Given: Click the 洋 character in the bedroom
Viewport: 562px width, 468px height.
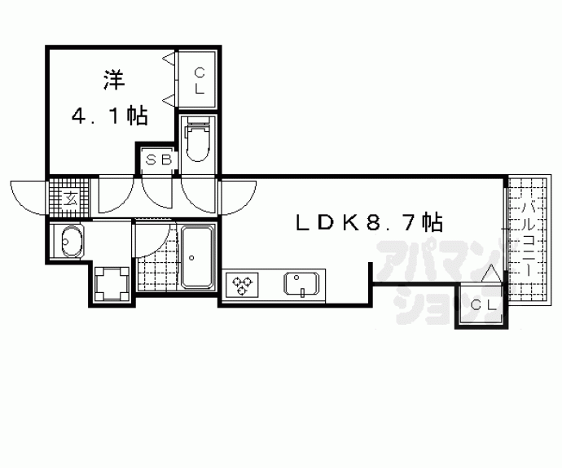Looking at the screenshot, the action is pyautogui.click(x=114, y=81).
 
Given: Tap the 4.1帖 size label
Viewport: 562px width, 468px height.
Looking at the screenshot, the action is pyautogui.click(x=110, y=116).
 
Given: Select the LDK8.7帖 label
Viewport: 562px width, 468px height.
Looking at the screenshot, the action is pyautogui.click(x=369, y=222).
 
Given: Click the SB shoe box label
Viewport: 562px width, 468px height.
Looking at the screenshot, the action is pyautogui.click(x=159, y=160).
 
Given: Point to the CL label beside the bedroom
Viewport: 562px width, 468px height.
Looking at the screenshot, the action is pyautogui.click(x=200, y=81).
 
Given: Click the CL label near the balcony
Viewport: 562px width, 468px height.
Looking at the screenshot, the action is pyautogui.click(x=483, y=305).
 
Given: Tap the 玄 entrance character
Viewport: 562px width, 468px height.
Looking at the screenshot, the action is pyautogui.click(x=70, y=198).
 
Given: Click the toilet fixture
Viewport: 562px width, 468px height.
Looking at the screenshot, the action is pyautogui.click(x=197, y=141).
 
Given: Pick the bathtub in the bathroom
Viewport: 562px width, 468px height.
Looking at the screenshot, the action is pyautogui.click(x=197, y=256).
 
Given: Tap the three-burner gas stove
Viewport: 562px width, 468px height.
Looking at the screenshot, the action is pyautogui.click(x=242, y=284).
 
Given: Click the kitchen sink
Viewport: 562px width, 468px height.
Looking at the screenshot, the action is pyautogui.click(x=301, y=284).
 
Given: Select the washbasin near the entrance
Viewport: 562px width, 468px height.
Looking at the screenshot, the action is pyautogui.click(x=72, y=242).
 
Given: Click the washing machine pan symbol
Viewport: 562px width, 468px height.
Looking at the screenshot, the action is pyautogui.click(x=112, y=283).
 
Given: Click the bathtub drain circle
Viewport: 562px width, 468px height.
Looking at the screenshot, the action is pyautogui.click(x=191, y=257).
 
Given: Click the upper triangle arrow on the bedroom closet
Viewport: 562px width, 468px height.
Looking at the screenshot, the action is pyautogui.click(x=169, y=59).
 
